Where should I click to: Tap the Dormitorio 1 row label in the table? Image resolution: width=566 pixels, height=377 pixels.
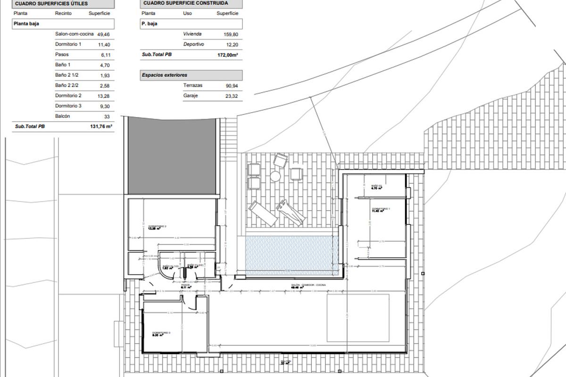[x=68, y=44]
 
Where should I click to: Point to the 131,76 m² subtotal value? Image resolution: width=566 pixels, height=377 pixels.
[x=101, y=126]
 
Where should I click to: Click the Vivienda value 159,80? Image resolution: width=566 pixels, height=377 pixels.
[x=230, y=34]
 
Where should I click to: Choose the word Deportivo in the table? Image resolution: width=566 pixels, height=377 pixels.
[x=193, y=44]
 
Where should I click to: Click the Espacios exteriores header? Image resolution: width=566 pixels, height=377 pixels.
[x=165, y=75]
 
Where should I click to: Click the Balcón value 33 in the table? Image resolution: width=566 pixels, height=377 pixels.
[x=107, y=116]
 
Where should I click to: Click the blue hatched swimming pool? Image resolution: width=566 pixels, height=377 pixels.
[x=291, y=254]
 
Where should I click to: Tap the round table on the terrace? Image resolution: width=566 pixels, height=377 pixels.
[x=275, y=176]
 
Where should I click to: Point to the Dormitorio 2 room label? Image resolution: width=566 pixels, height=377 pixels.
[x=157, y=227]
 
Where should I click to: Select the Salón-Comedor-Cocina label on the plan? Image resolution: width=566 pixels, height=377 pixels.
[x=308, y=286]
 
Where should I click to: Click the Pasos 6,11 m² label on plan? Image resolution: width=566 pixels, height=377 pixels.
[x=185, y=286]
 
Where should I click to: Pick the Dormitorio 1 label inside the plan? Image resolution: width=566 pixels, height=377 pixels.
[x=381, y=209]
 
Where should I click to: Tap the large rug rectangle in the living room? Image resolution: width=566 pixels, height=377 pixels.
[x=358, y=318]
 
